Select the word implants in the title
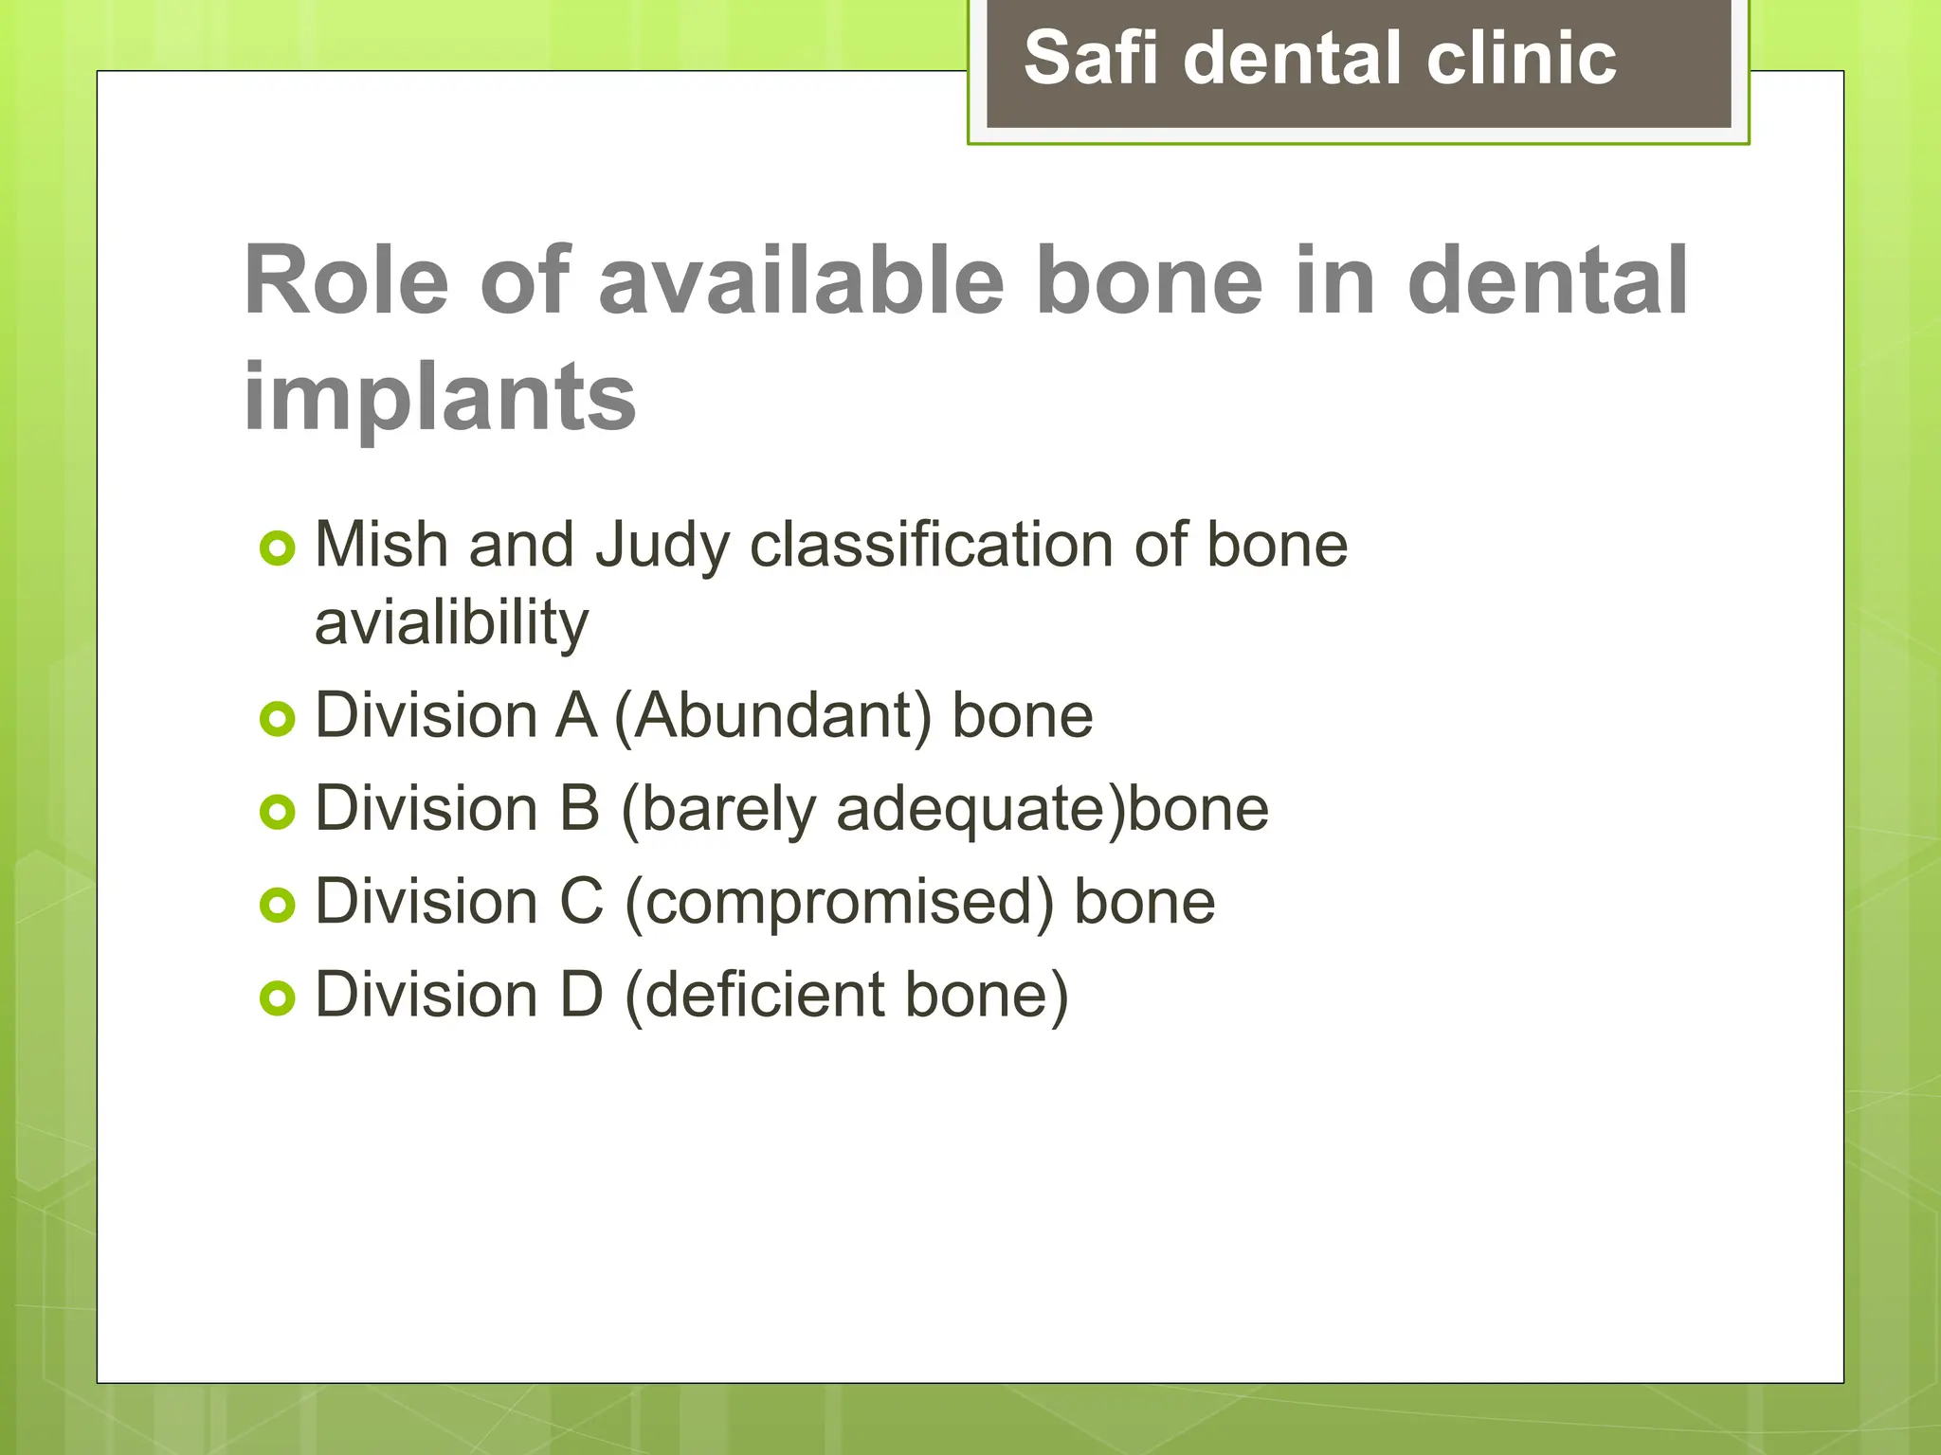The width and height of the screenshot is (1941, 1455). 440,398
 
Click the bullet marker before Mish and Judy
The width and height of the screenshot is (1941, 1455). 278,548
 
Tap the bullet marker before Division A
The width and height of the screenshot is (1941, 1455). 278,719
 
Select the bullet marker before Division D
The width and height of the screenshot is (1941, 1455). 278,998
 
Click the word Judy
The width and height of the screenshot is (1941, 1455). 662,547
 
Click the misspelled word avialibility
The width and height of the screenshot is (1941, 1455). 451,623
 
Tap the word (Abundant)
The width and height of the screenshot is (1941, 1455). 773,716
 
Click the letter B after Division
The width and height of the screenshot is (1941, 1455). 579,809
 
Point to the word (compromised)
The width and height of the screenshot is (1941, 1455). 839,903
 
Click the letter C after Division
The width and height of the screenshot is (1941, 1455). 581,902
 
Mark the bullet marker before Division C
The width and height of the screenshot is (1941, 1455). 278,906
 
